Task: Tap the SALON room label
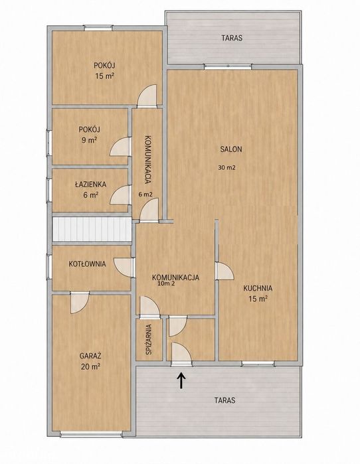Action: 231,149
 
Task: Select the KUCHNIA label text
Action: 258,288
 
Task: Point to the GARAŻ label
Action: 90,355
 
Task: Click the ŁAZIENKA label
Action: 90,185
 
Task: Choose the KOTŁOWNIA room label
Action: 87,264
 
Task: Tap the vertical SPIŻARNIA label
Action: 149,340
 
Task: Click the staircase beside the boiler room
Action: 92,229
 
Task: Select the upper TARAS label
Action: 232,38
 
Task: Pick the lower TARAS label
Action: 225,400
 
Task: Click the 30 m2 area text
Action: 226,167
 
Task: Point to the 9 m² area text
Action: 90,140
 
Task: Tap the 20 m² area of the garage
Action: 90,367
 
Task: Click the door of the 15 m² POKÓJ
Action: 147,96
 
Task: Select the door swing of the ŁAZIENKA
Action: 120,195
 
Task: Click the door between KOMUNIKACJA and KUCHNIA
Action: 224,271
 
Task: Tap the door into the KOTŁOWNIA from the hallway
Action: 124,268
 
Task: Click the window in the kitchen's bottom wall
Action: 258,364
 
